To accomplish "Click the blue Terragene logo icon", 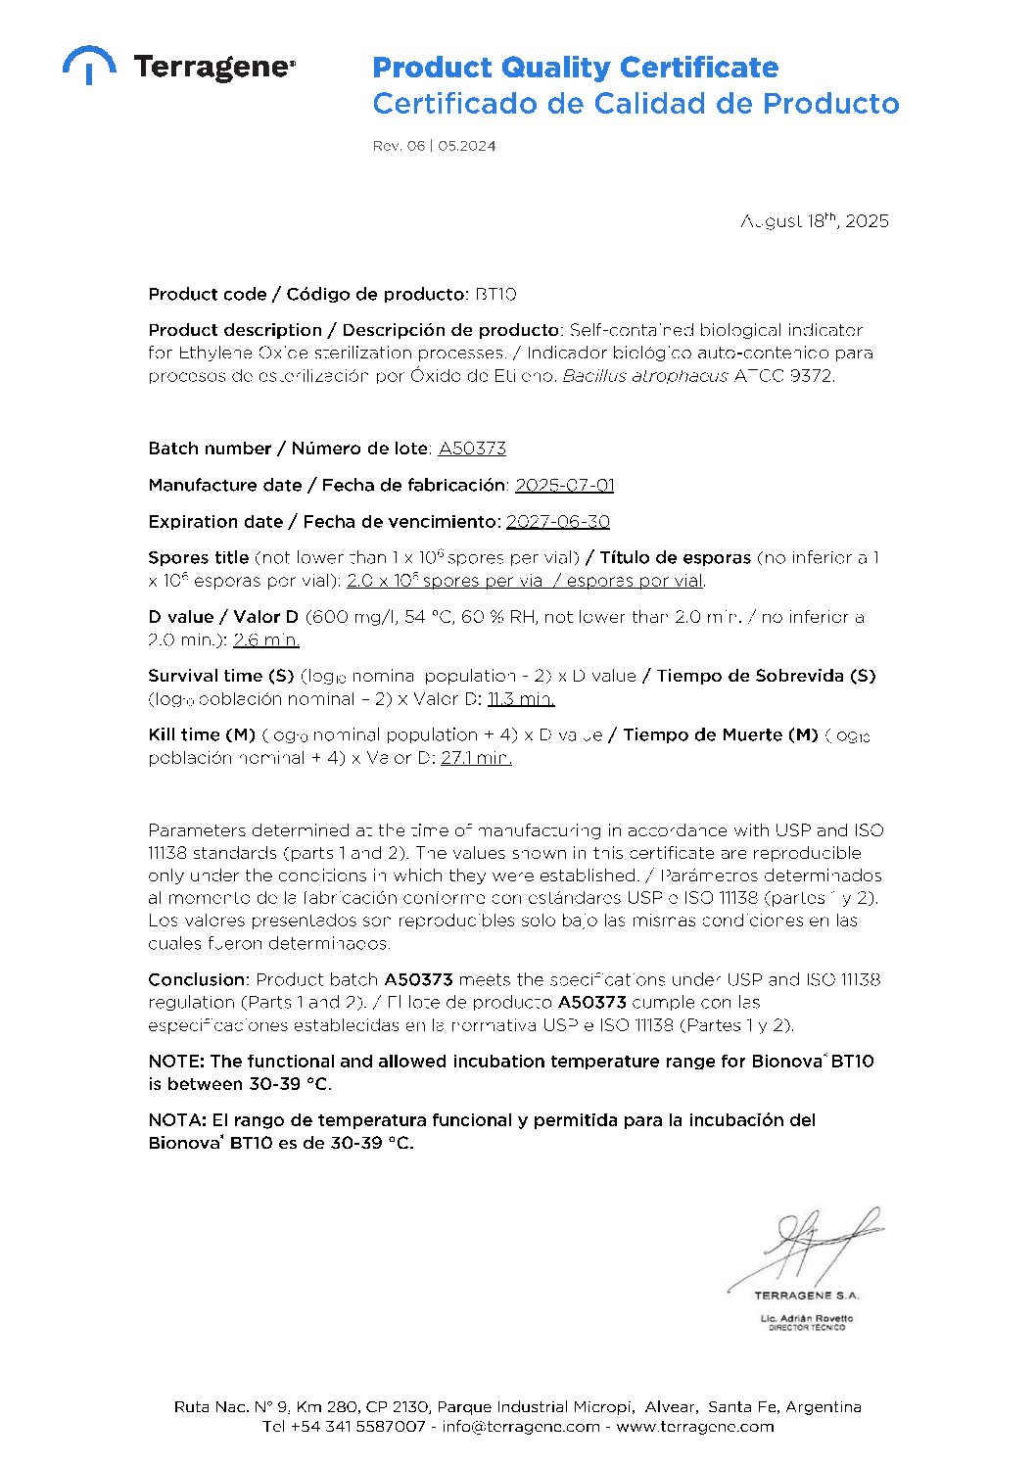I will pos(89,65).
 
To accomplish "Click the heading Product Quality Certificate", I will pos(575,68).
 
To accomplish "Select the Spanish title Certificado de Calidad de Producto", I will pos(636,104).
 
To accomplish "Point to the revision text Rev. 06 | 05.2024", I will pos(434,146).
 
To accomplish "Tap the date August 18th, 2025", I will pos(815,221).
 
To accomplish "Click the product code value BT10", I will pos(495,294).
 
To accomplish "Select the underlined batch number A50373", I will pos(472,449).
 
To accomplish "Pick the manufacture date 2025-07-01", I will pos(565,485).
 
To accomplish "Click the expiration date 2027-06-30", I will pos(558,522).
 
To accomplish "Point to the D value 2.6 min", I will pos(266,640).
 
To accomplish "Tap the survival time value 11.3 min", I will pos(521,699).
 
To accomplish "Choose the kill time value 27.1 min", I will pos(476,758).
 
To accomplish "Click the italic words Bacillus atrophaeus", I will pos(645,376).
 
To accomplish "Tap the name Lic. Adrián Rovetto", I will pos(807,1318).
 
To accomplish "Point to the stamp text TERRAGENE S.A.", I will pos(807,1295).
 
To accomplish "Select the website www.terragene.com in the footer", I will pos(695,1427).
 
